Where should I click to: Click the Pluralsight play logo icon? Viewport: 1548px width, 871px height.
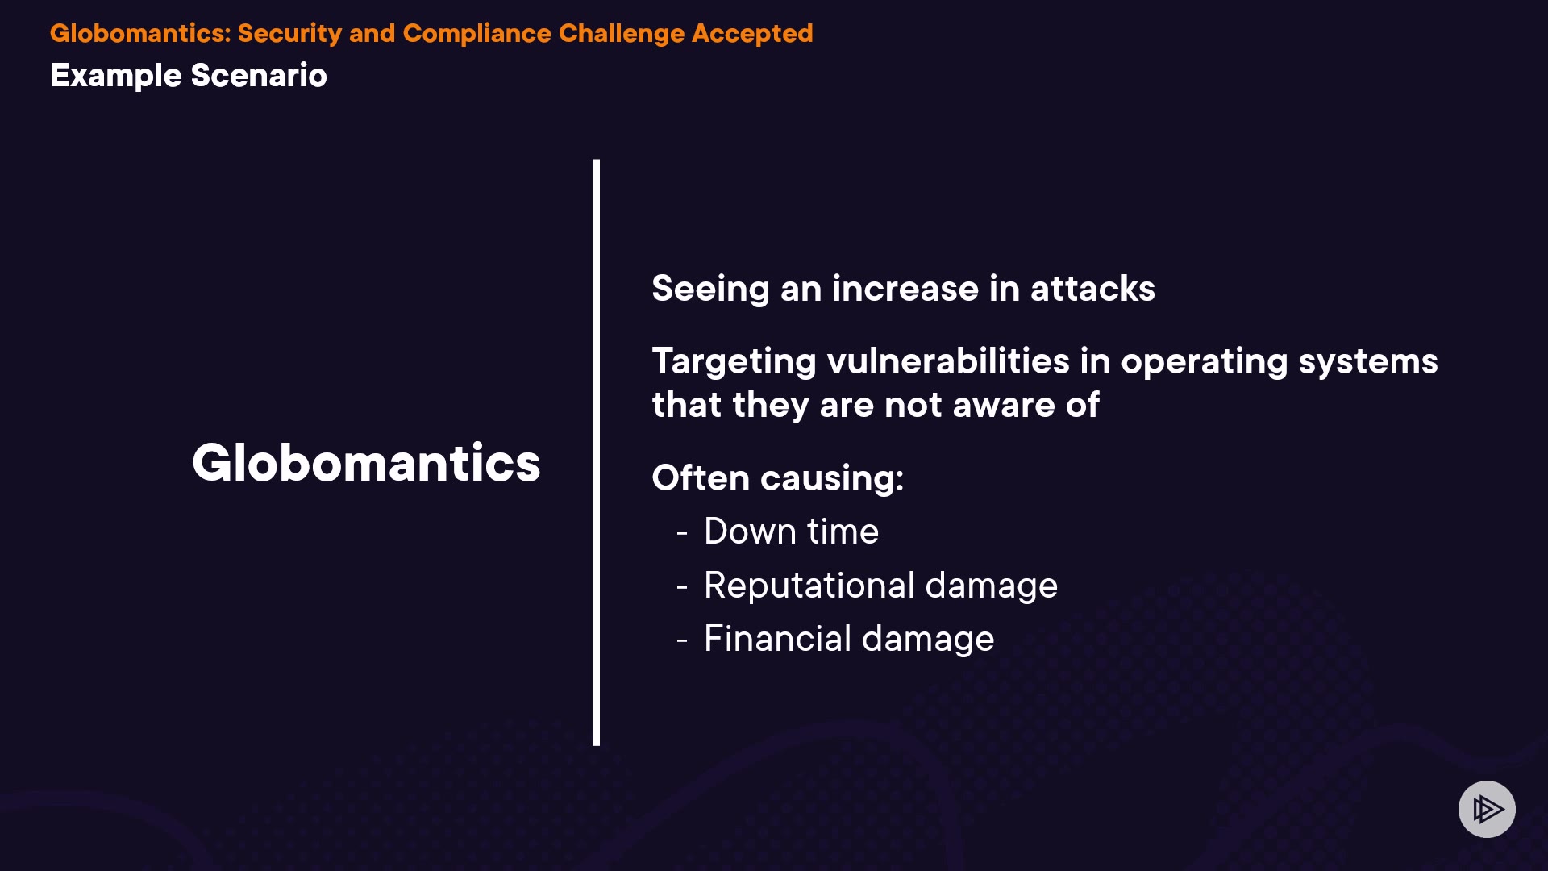[x=1487, y=809]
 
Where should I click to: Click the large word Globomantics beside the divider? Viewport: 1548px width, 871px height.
[x=366, y=463]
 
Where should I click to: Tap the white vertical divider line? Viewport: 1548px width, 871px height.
[x=596, y=452]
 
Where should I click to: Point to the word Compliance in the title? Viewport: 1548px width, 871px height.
[x=476, y=34]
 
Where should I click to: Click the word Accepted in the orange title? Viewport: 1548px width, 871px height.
[x=752, y=34]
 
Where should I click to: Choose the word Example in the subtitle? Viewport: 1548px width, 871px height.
[x=116, y=76]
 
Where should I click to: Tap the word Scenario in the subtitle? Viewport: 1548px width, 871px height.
[x=259, y=75]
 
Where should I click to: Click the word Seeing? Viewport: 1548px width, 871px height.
[x=710, y=290]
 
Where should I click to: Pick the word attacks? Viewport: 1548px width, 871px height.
[x=1092, y=289]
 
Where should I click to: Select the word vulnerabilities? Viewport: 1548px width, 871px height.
[x=949, y=360]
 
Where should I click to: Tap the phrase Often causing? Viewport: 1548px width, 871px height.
[x=778, y=478]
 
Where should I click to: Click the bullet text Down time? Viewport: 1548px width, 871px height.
[x=791, y=531]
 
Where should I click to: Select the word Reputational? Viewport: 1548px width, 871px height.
[x=809, y=586]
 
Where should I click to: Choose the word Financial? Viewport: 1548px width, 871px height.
[x=777, y=638]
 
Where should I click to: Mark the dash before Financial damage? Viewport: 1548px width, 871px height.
[x=682, y=640]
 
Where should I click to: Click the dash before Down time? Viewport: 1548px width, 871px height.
[x=682, y=533]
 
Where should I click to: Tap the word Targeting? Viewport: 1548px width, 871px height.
[x=734, y=362]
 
